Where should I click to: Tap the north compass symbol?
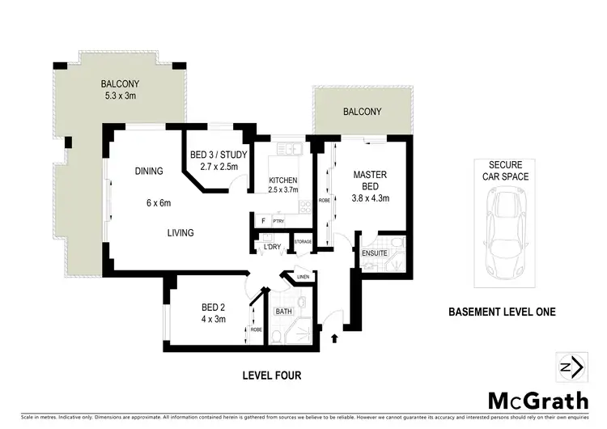pos(570,366)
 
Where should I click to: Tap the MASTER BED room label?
pos(369,181)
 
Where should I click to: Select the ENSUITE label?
pos(375,253)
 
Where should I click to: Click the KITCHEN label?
pos(283,180)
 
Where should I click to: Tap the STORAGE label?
pos(303,241)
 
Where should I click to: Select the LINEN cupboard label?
pos(303,277)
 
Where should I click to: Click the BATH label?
pos(284,311)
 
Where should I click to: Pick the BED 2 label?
pos(212,307)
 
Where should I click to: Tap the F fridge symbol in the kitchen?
pos(263,220)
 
